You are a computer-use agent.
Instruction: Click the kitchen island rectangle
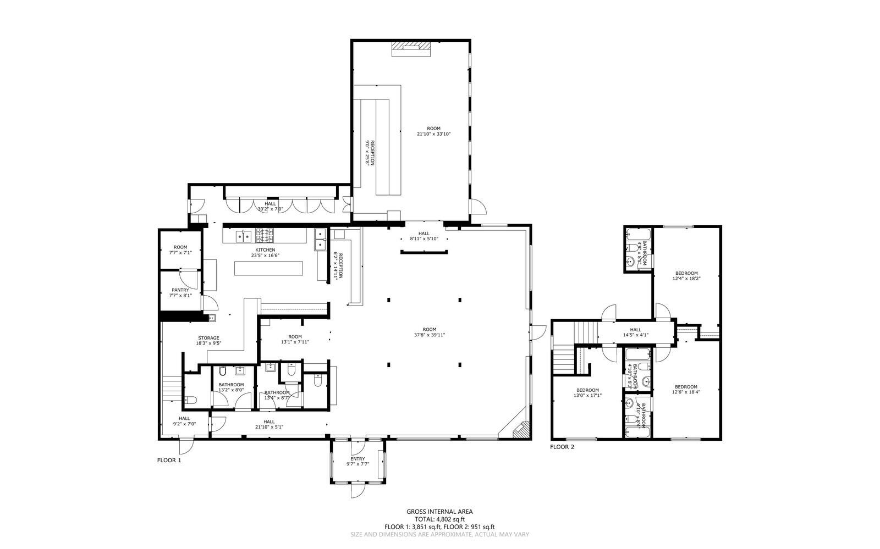[268, 268]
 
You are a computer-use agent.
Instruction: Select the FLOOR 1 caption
[169, 460]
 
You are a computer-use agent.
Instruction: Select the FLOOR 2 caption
[562, 447]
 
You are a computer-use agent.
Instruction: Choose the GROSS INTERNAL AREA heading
[439, 511]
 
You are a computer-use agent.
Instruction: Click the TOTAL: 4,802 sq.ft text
[439, 519]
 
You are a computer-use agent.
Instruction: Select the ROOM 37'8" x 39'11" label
[430, 332]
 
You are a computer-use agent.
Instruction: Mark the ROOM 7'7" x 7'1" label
[180, 250]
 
